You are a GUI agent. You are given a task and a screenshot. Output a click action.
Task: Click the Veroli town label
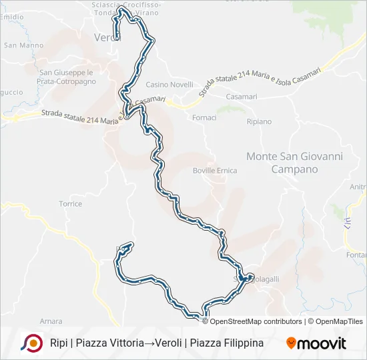pos(106,37)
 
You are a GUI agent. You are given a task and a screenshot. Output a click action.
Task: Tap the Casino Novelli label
pos(169,85)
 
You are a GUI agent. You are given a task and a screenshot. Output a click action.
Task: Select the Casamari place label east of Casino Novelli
pos(242,97)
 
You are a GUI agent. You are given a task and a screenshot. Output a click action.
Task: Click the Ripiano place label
pos(259,122)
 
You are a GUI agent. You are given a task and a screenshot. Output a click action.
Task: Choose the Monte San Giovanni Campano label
pos(294,163)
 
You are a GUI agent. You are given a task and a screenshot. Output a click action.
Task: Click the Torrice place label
pos(70,203)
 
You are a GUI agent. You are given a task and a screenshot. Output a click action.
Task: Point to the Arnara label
pos(51,321)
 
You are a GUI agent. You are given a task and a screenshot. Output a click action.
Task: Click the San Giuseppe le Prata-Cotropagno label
pos(67,77)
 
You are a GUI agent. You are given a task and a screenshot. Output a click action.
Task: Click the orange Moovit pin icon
pos(291,343)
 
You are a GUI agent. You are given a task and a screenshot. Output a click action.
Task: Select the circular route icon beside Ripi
pos(31,343)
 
